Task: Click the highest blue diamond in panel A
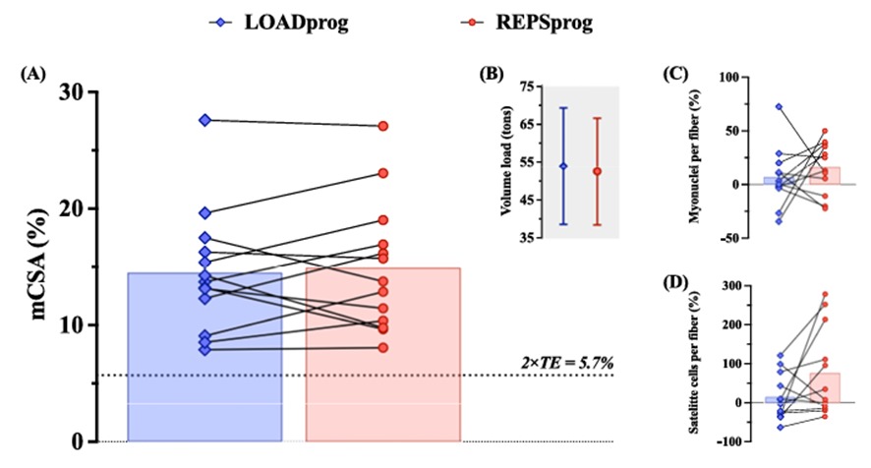pos(204,120)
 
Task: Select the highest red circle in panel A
pos(382,126)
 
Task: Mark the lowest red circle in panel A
pos(382,347)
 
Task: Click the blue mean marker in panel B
pos(563,166)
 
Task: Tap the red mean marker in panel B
pos(597,171)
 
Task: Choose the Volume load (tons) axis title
pos(509,162)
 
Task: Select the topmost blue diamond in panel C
pos(780,106)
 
